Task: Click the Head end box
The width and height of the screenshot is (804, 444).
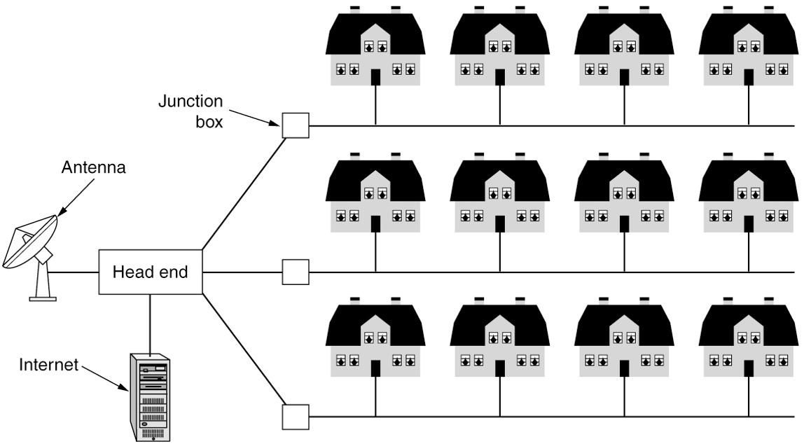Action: point(151,272)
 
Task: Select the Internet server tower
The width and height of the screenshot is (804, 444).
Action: point(151,396)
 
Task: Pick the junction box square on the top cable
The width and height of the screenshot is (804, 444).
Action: point(295,126)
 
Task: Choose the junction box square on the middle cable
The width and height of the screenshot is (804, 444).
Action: point(295,272)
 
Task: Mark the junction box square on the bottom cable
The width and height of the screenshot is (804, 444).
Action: point(295,417)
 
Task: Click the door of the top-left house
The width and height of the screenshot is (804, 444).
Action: point(375,77)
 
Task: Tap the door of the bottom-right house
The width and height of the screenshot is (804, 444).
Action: point(748,368)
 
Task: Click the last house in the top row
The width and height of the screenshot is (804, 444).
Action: point(748,49)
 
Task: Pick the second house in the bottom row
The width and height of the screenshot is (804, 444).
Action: point(499,340)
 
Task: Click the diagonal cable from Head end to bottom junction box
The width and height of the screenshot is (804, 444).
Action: point(244,350)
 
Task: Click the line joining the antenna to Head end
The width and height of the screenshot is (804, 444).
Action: point(74,272)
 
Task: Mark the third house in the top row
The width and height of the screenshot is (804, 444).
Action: point(623,49)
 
